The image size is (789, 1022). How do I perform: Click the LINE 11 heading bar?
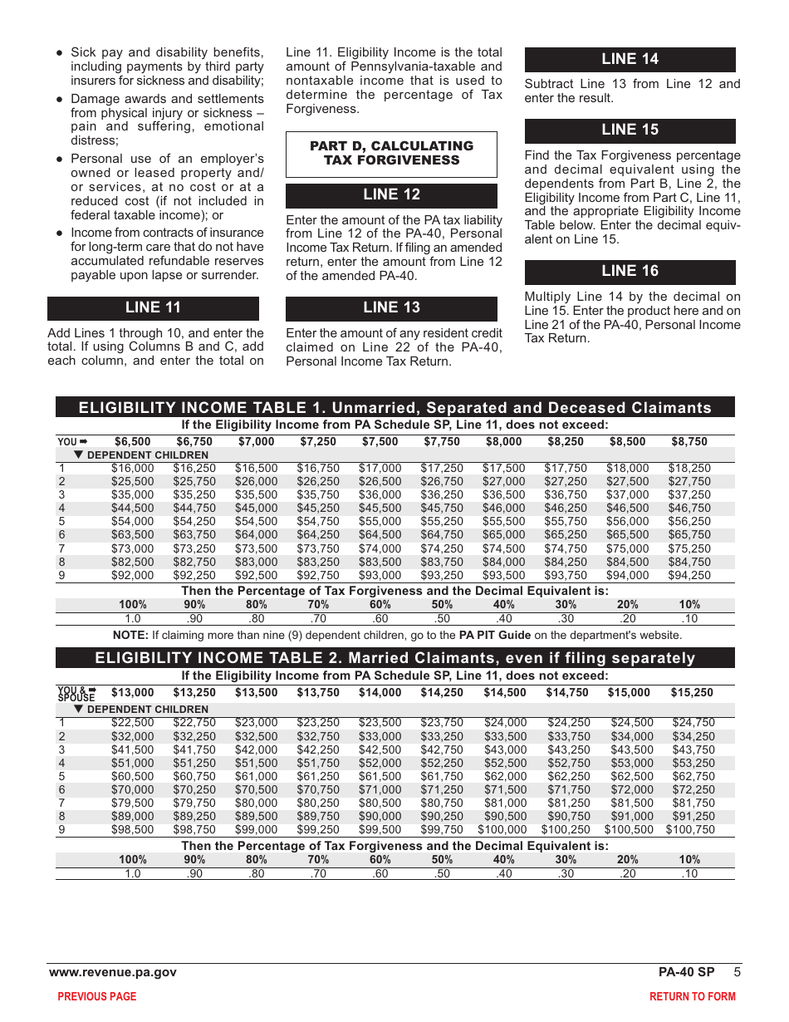153,308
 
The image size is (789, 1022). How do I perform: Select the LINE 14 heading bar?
630,59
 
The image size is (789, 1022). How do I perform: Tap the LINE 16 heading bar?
630,272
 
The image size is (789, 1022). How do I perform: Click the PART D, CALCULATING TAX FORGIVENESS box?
391,154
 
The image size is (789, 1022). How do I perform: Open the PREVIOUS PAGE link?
96,996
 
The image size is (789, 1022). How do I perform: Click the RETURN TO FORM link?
692,996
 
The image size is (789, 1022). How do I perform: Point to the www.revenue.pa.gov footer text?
113,972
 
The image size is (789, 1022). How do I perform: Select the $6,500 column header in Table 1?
133,442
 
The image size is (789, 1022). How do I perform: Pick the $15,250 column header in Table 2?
691,692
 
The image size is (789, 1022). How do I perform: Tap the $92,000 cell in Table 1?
133,575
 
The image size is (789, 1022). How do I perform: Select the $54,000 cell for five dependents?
133,522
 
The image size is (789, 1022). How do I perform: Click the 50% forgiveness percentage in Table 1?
442,605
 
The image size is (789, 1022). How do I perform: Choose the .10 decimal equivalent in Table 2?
689,873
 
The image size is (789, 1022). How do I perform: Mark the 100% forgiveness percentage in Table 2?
133,860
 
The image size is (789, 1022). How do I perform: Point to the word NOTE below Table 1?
130,636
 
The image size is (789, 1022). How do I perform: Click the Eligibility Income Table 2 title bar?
394,658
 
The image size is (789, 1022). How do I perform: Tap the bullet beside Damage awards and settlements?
60,99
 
